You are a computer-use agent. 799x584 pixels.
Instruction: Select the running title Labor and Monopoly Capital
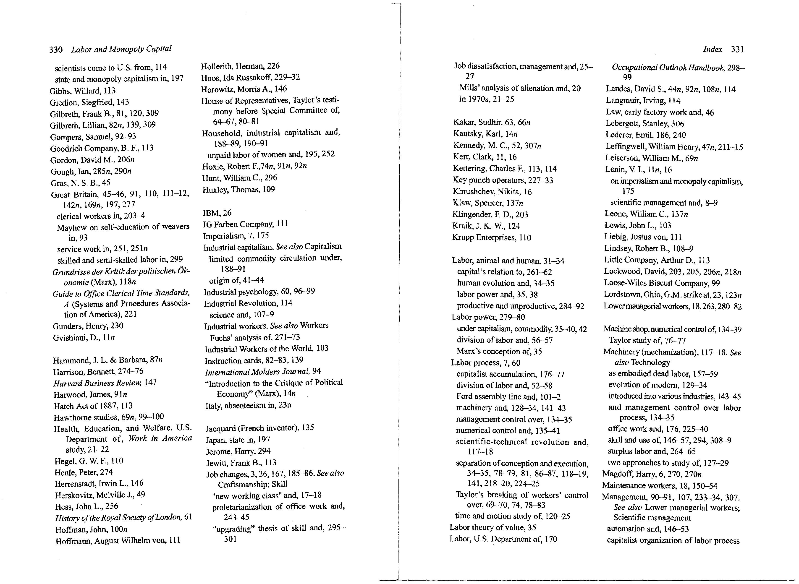point(121,49)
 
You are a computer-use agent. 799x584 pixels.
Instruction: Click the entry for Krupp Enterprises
point(491,237)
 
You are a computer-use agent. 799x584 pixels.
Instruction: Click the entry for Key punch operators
point(503,180)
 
